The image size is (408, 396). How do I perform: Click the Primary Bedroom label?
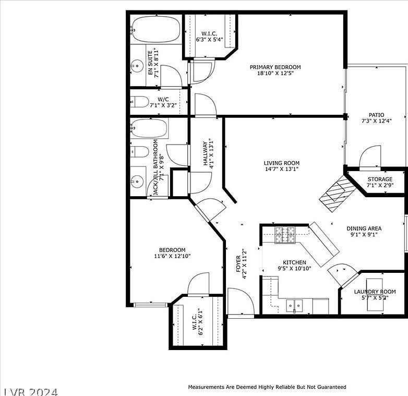pos(275,67)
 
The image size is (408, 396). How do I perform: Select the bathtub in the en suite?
pos(156,30)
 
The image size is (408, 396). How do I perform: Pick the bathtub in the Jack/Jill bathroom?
pos(150,128)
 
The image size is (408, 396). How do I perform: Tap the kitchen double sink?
pos(294,305)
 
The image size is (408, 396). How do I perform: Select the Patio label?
pos(376,115)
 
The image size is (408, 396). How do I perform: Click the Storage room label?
pos(379,179)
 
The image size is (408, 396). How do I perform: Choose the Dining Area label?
pos(364,228)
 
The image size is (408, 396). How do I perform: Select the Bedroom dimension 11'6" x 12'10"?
pos(173,257)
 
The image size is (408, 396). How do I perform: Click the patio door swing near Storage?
pos(370,157)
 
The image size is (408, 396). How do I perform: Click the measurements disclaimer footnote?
pos(267,387)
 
